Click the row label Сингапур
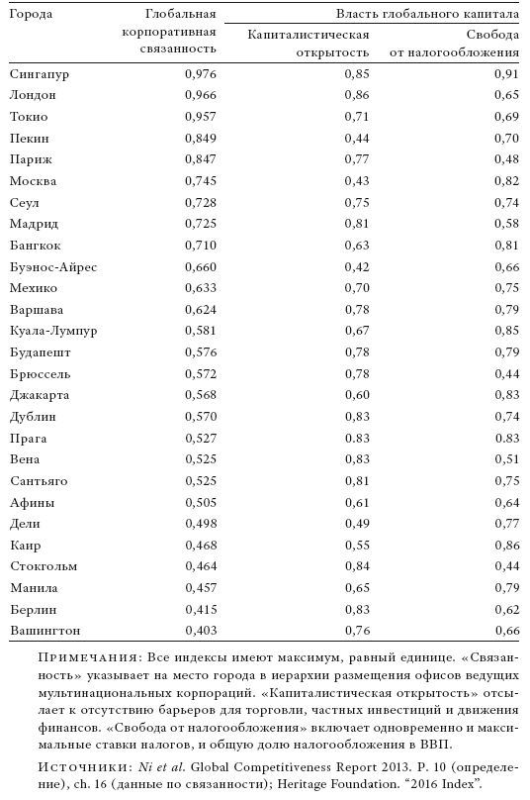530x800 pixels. click(x=40, y=74)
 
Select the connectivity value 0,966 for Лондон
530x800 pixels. click(x=201, y=95)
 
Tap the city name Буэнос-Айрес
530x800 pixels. click(x=53, y=267)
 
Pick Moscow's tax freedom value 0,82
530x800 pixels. click(x=506, y=181)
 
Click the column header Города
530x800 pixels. click(x=31, y=15)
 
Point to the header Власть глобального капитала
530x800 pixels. click(x=427, y=14)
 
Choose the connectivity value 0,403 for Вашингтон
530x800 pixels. click(x=201, y=631)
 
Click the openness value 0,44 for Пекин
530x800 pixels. click(x=357, y=139)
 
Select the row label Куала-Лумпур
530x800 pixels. click(x=53, y=331)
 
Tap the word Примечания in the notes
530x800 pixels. click(x=88, y=657)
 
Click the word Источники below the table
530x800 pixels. click(x=82, y=768)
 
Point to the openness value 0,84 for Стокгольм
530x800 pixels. click(x=357, y=566)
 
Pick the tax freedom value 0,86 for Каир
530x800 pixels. click(x=506, y=546)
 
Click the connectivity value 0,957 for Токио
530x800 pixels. click(x=201, y=117)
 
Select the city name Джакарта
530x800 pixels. click(x=40, y=395)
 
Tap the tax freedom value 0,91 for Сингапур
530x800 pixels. click(x=506, y=74)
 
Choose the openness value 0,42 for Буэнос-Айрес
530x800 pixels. click(x=357, y=267)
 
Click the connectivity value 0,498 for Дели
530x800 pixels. click(x=201, y=524)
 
